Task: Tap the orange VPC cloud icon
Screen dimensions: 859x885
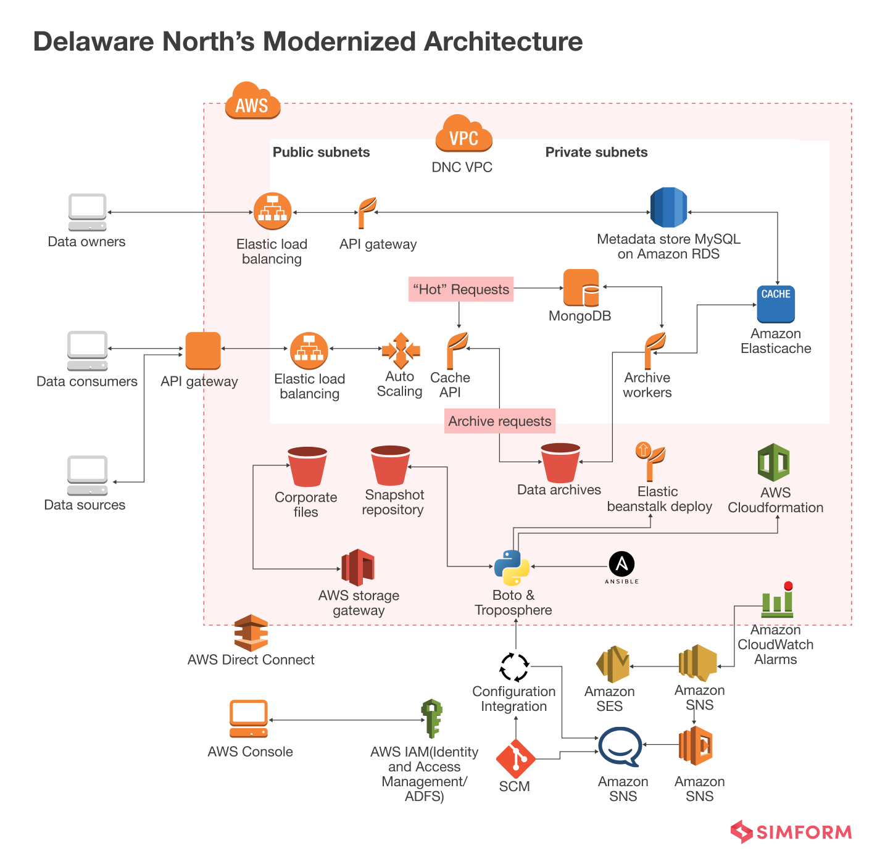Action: (463, 134)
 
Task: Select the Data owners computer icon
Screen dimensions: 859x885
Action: (87, 212)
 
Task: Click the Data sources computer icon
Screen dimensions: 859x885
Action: (87, 475)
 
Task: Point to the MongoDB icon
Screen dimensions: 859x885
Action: (581, 288)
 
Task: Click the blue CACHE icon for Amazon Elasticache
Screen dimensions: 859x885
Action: (776, 304)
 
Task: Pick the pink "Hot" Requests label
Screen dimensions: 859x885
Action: (461, 289)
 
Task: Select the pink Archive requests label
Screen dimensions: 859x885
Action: (499, 421)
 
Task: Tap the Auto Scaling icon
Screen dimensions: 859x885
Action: (401, 351)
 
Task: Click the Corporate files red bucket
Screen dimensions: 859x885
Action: (307, 467)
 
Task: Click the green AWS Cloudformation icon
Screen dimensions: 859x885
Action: (774, 462)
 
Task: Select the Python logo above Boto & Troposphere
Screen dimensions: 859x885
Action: (512, 568)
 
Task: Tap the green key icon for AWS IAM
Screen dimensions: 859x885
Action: (431, 718)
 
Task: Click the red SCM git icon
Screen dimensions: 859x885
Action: (515, 759)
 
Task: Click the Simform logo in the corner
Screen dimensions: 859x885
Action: (791, 832)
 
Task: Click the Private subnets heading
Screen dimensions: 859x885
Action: (596, 152)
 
